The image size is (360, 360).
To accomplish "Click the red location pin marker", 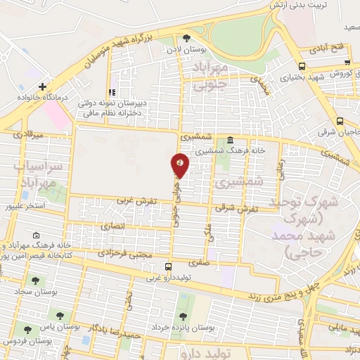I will (180, 166).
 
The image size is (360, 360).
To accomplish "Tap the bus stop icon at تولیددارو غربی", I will (167, 267).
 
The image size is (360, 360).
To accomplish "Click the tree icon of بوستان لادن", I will (186, 39).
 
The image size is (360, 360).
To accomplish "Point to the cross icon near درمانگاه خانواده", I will (42, 86).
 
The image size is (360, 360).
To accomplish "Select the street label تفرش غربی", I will (134, 202).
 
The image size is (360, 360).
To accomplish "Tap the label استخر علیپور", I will (25, 206).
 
